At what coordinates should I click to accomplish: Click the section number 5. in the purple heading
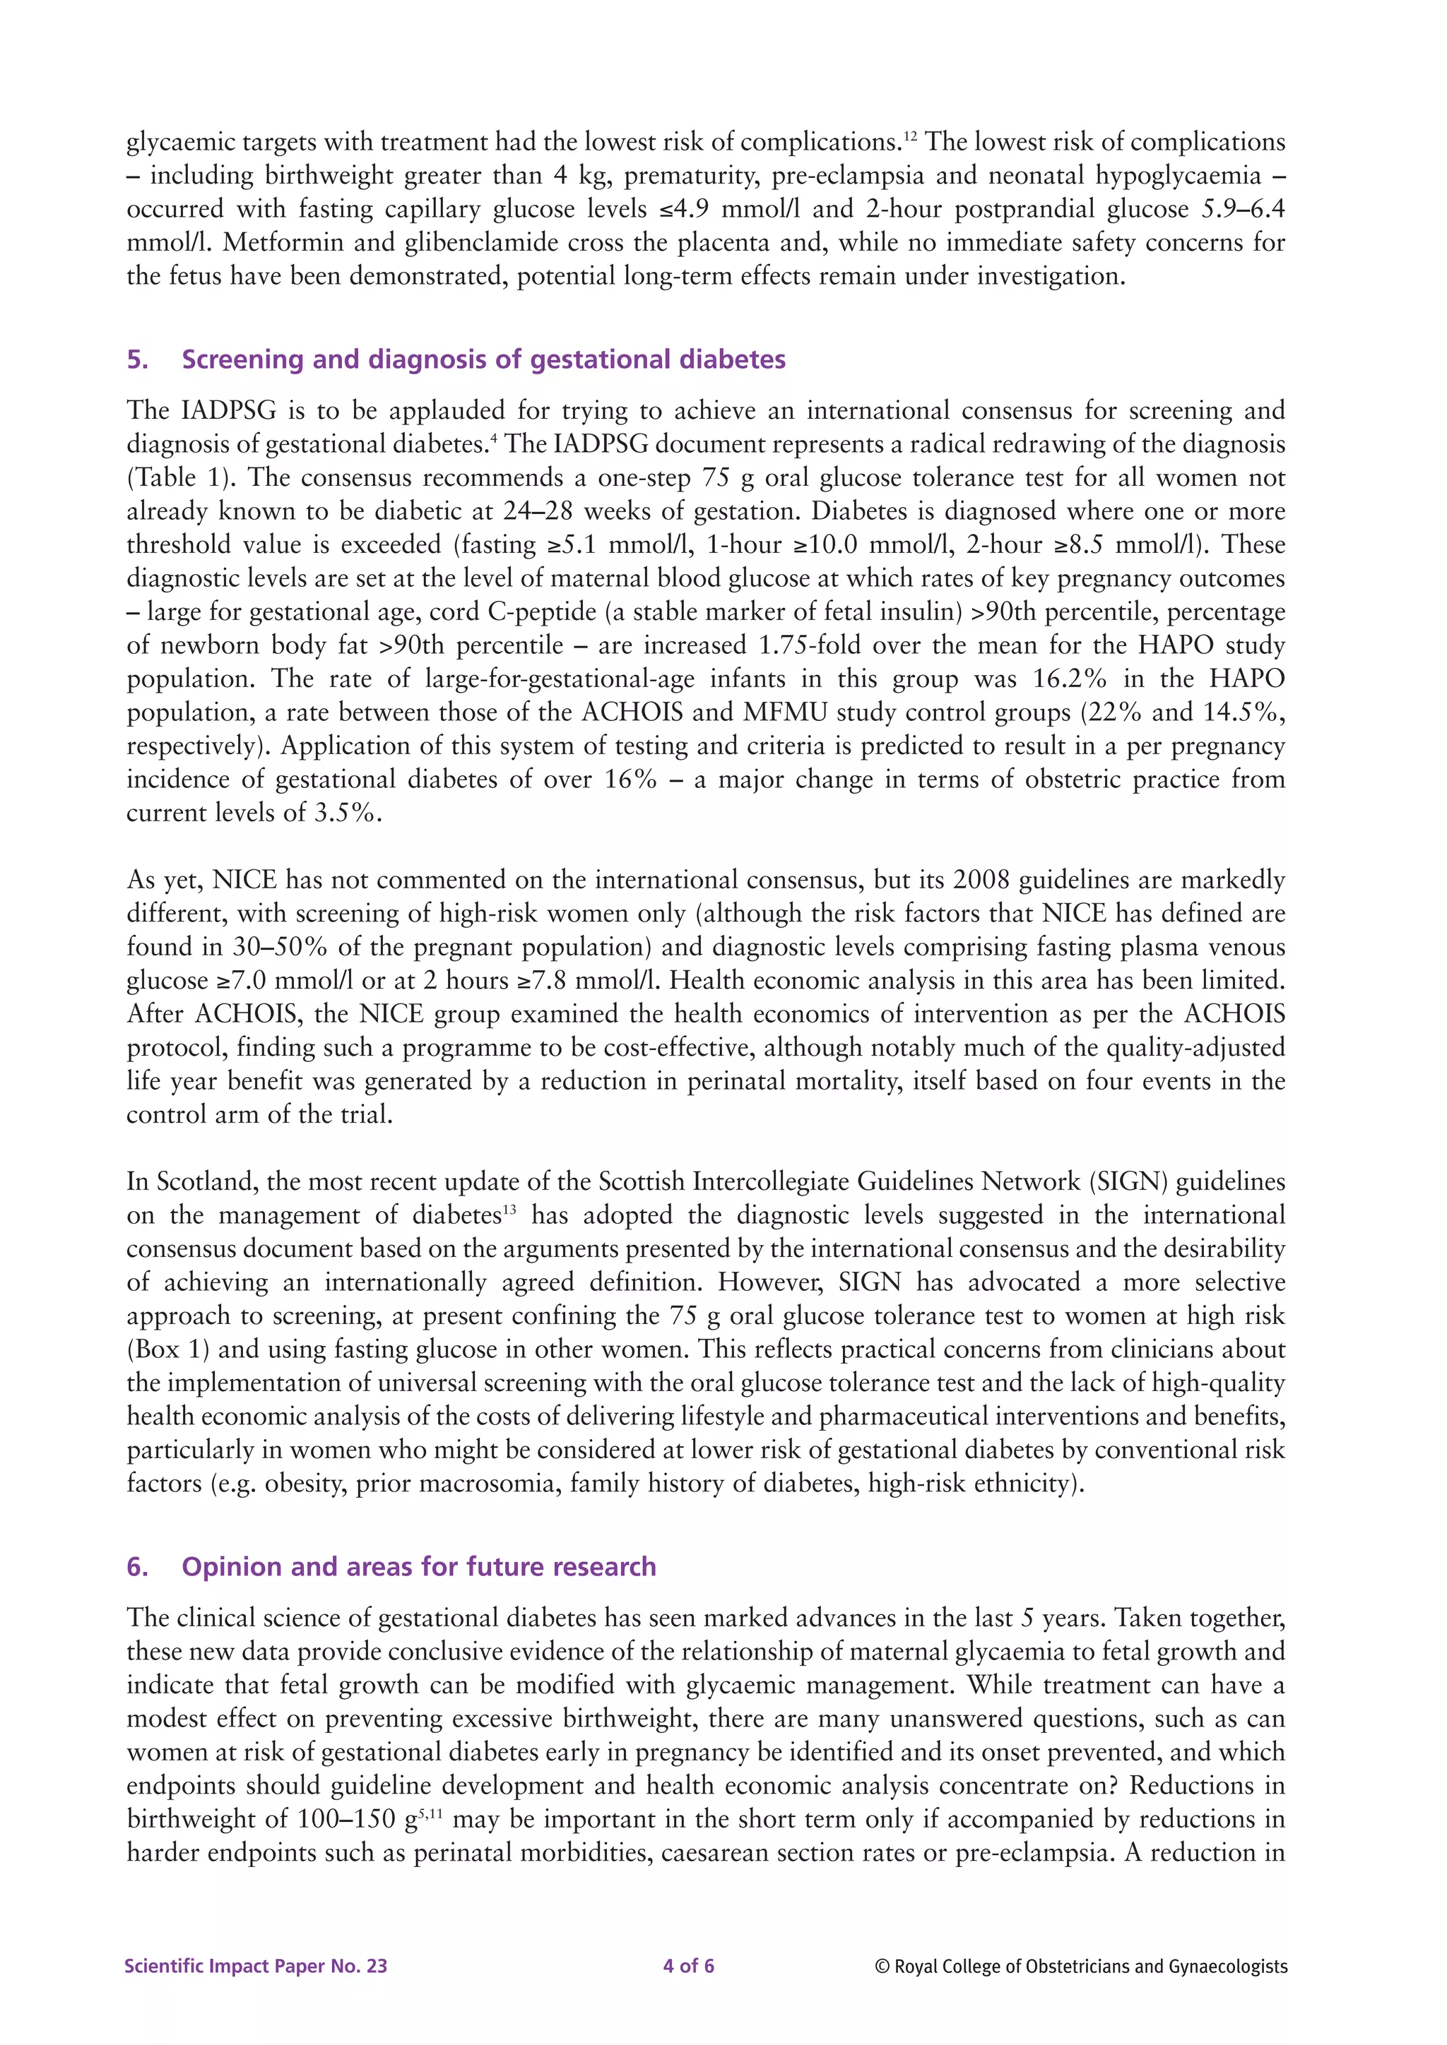[x=137, y=360]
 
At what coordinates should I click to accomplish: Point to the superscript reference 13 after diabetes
[x=509, y=1209]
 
